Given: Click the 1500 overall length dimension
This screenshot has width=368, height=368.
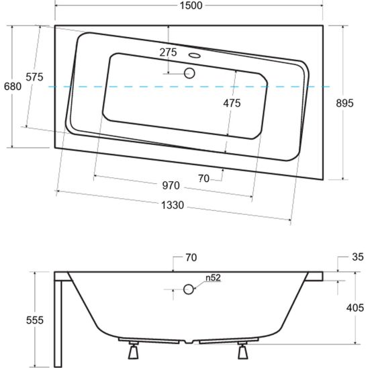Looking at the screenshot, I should [189, 6].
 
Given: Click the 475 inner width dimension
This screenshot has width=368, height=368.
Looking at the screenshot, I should [232, 103].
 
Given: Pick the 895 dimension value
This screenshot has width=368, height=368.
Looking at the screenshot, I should [344, 103].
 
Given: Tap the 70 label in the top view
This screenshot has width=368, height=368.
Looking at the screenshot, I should [205, 178].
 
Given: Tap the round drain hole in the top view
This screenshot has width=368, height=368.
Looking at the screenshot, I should [189, 73].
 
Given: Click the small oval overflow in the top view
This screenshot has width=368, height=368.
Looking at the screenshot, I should [196, 56].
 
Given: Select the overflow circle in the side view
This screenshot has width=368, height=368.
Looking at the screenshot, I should [189, 289].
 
